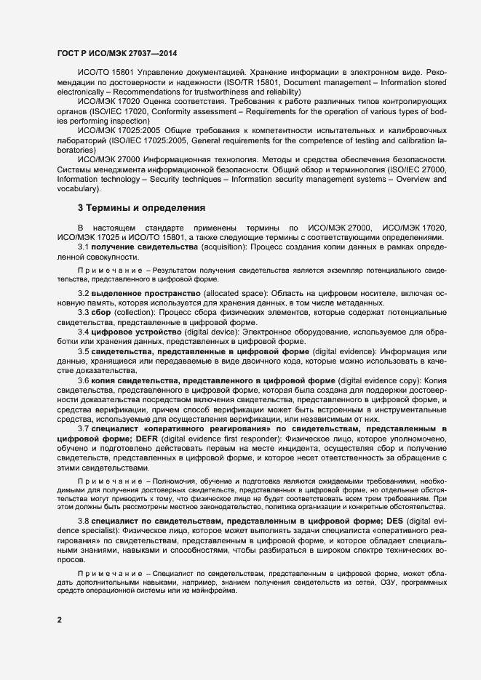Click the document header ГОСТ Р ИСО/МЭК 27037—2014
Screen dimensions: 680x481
[116, 53]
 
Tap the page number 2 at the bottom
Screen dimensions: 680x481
[60, 620]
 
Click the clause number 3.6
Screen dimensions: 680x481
[84, 380]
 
